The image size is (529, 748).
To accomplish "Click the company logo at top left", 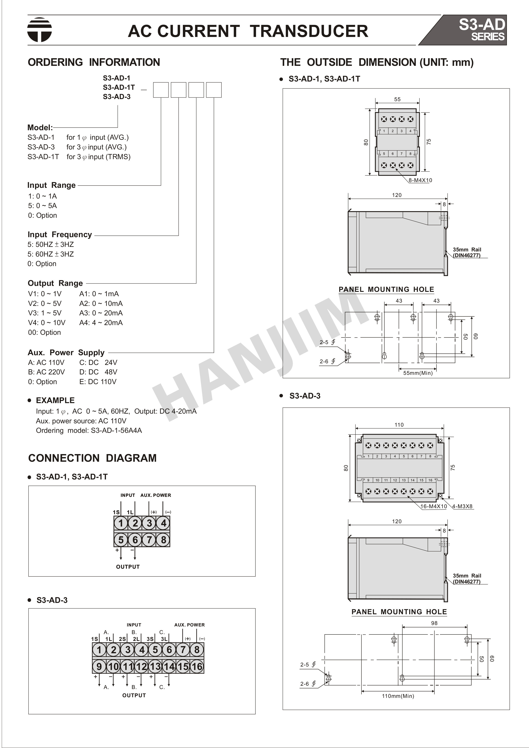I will tap(39, 30).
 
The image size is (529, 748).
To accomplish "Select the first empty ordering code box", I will tap(161, 90).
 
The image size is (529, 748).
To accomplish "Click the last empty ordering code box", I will tap(214, 90).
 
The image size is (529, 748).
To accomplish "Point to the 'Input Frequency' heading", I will tap(60, 234).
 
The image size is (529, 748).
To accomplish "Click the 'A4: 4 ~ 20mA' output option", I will tap(101, 323).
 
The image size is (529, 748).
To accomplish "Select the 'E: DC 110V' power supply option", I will tap(98, 381).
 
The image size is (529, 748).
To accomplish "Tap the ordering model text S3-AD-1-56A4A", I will tap(116, 430).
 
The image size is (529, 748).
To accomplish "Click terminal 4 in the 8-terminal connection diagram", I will tap(163, 523).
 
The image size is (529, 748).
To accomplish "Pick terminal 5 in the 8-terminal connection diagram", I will tap(121, 540).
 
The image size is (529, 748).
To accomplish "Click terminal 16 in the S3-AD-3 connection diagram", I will tap(197, 666).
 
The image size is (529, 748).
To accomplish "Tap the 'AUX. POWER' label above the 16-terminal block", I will tap(189, 625).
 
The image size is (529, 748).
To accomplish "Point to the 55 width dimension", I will tap(397, 99).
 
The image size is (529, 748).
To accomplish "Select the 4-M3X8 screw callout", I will tap(462, 507).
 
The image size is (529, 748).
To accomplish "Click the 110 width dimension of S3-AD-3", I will tap(399, 425).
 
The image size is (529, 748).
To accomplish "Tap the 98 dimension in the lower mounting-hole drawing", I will tap(434, 623).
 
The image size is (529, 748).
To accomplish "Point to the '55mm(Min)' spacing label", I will tap(418, 373).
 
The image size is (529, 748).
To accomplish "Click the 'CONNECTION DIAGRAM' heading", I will tap(92, 458).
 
